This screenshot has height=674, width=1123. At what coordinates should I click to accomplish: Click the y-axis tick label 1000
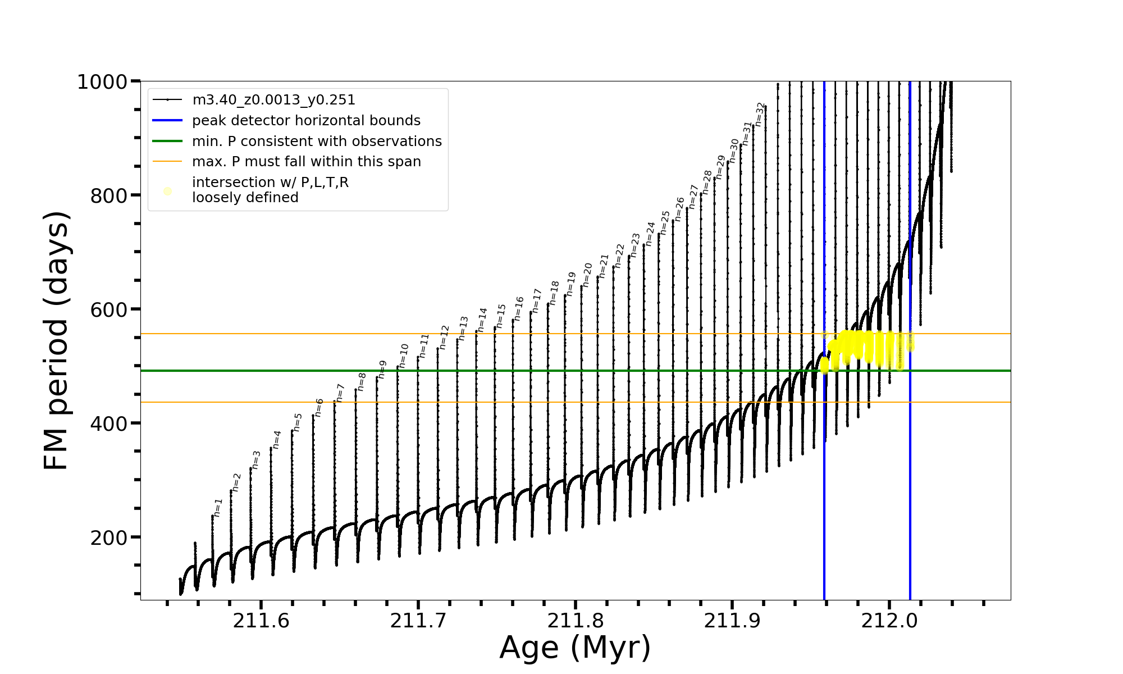coord(102,82)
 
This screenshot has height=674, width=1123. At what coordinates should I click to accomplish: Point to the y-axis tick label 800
coord(109,196)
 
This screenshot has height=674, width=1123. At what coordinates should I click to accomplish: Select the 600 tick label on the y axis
coord(109,310)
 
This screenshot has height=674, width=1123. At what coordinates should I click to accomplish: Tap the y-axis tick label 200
coord(109,538)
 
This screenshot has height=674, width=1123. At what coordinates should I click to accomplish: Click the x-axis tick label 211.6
coord(261,621)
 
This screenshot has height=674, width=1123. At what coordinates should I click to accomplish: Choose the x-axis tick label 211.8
coord(575,621)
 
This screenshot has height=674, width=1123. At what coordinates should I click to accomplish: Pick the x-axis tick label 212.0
coord(889,621)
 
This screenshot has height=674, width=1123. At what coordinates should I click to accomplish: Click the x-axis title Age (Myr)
coord(575,648)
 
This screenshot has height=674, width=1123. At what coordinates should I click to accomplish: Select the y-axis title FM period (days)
coord(56,340)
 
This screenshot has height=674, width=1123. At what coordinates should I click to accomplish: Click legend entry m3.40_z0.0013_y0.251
coord(273,100)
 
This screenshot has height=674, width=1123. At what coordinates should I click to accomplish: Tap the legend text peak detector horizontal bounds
coord(306,121)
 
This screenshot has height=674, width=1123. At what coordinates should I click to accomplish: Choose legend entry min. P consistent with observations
coord(317,142)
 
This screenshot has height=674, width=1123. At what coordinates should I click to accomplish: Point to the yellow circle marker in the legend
coord(167,192)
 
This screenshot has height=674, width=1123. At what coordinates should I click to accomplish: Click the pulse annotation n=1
coord(218,508)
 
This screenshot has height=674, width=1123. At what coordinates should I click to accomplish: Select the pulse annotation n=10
coord(404,356)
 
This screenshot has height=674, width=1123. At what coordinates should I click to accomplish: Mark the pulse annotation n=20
coord(587,275)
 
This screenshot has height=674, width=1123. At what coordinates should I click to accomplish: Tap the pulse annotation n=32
coord(760,114)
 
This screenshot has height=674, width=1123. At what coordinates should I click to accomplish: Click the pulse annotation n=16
coord(519,309)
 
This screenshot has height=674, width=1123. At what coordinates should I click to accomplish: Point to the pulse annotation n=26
coord(680,209)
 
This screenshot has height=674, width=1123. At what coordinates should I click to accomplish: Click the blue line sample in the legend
coord(167,121)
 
